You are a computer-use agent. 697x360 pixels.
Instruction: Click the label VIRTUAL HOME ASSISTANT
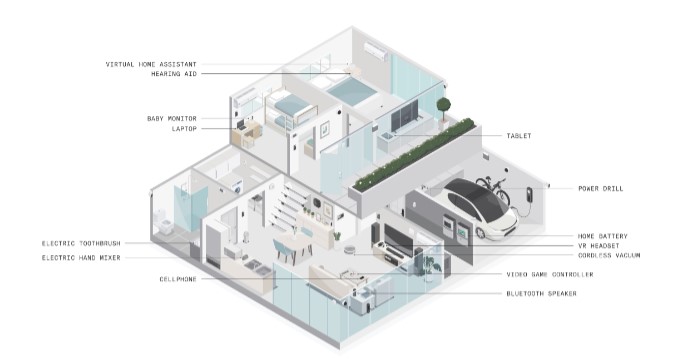pos(151,64)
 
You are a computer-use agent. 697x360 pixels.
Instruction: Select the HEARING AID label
pos(174,74)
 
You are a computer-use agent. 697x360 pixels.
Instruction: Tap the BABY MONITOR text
pos(172,119)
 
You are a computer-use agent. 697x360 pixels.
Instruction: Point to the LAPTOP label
pos(184,129)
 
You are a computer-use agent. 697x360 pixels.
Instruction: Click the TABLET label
pos(519,136)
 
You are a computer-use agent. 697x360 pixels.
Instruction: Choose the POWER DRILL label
pos(601,188)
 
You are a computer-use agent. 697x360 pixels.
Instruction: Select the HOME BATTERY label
pos(602,236)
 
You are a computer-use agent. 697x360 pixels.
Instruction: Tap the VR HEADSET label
pos(598,246)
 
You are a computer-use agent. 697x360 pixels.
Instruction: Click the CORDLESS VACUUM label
pos(609,256)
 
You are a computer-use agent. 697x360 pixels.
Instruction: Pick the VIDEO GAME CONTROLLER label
pos(550,275)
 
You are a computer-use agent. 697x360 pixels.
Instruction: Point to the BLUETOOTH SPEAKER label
pos(541,294)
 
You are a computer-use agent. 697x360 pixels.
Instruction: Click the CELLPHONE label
pos(178,279)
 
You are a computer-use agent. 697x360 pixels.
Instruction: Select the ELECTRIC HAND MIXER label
pos(81,258)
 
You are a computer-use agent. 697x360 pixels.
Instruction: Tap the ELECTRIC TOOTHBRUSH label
pos(81,244)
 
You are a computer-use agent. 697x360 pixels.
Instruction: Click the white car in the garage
pos(480,208)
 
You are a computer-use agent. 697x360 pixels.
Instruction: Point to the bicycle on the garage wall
pos(493,189)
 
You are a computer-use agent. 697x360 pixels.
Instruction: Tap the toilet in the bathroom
pos(164,223)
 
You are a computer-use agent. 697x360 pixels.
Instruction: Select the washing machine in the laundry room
pos(236,186)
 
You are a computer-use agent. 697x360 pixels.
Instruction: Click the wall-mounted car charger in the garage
pos(529,194)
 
